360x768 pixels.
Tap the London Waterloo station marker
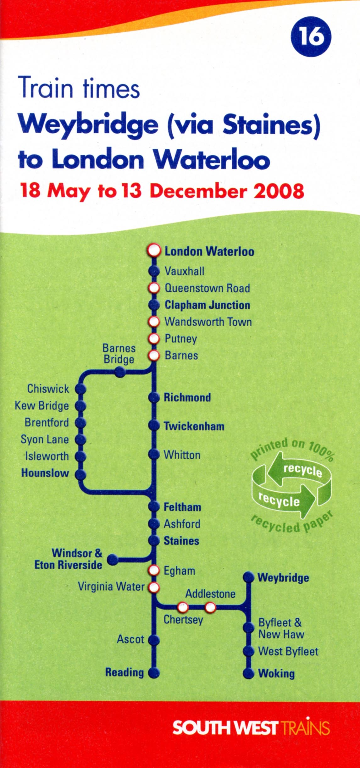tap(154, 251)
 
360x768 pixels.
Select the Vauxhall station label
tap(185, 271)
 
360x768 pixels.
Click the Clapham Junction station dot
tap(154, 305)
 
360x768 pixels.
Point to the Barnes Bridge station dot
tap(120, 373)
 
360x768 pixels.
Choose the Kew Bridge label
tap(42, 406)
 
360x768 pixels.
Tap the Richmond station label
tap(187, 397)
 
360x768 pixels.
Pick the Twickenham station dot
tap(154, 425)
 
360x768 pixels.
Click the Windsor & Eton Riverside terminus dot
tap(113, 560)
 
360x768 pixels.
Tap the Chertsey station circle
tap(183, 607)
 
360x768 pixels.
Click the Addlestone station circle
tap(210, 607)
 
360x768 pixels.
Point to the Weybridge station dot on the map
tap(249, 577)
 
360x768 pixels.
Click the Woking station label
tap(276, 673)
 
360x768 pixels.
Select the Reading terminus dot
tap(154, 673)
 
